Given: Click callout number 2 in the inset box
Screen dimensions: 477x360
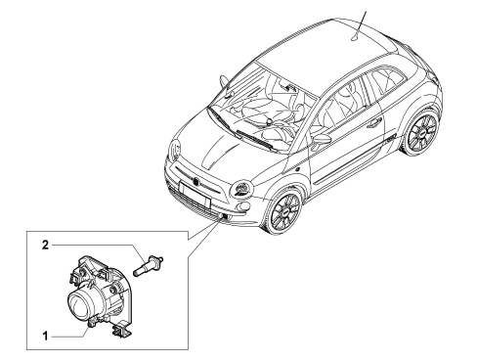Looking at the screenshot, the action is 45,245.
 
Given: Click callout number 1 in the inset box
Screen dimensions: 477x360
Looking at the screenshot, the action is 46,336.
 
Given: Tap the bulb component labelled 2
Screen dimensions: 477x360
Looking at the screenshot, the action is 149,264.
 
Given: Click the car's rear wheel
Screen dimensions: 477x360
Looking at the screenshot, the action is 421,132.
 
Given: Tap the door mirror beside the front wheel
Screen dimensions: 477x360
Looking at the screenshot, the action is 321,140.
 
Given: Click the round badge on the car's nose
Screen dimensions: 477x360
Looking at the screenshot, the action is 196,182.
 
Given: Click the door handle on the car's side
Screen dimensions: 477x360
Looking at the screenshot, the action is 373,122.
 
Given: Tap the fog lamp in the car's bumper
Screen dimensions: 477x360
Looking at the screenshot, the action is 223,215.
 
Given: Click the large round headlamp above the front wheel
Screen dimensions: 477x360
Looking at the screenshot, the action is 241,189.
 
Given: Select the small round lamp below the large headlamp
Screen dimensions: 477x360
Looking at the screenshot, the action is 243,207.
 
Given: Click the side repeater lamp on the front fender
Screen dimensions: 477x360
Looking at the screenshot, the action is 297,170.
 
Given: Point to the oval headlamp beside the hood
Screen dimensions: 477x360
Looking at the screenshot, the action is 175,150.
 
